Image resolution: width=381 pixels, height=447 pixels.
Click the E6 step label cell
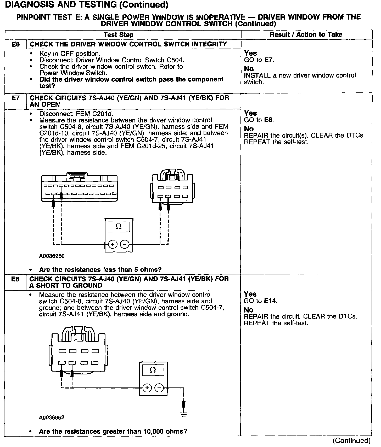[16, 44]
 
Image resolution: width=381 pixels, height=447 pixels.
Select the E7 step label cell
[16, 98]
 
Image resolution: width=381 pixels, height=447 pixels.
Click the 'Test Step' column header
[118, 35]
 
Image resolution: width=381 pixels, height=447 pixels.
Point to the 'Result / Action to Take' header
[306, 34]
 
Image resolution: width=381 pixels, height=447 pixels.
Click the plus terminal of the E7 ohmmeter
[113, 244]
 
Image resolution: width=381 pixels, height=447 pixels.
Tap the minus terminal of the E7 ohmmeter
[125, 244]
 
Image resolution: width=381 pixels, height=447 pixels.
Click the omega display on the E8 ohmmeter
[153, 370]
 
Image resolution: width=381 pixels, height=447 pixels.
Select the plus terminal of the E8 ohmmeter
[147, 388]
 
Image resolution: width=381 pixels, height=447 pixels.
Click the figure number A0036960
[52, 256]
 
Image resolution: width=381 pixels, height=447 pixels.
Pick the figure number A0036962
[52, 417]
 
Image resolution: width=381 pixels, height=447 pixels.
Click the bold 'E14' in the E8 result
[270, 301]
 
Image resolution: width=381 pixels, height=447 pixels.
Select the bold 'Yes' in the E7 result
[250, 113]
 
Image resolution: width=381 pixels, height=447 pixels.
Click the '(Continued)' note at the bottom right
[351, 441]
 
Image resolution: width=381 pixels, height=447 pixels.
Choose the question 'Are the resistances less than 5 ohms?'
[100, 269]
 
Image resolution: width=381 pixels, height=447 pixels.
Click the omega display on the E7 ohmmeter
[119, 227]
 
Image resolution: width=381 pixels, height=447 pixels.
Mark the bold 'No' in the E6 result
[249, 69]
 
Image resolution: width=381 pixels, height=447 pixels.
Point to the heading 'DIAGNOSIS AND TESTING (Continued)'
[86, 4]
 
